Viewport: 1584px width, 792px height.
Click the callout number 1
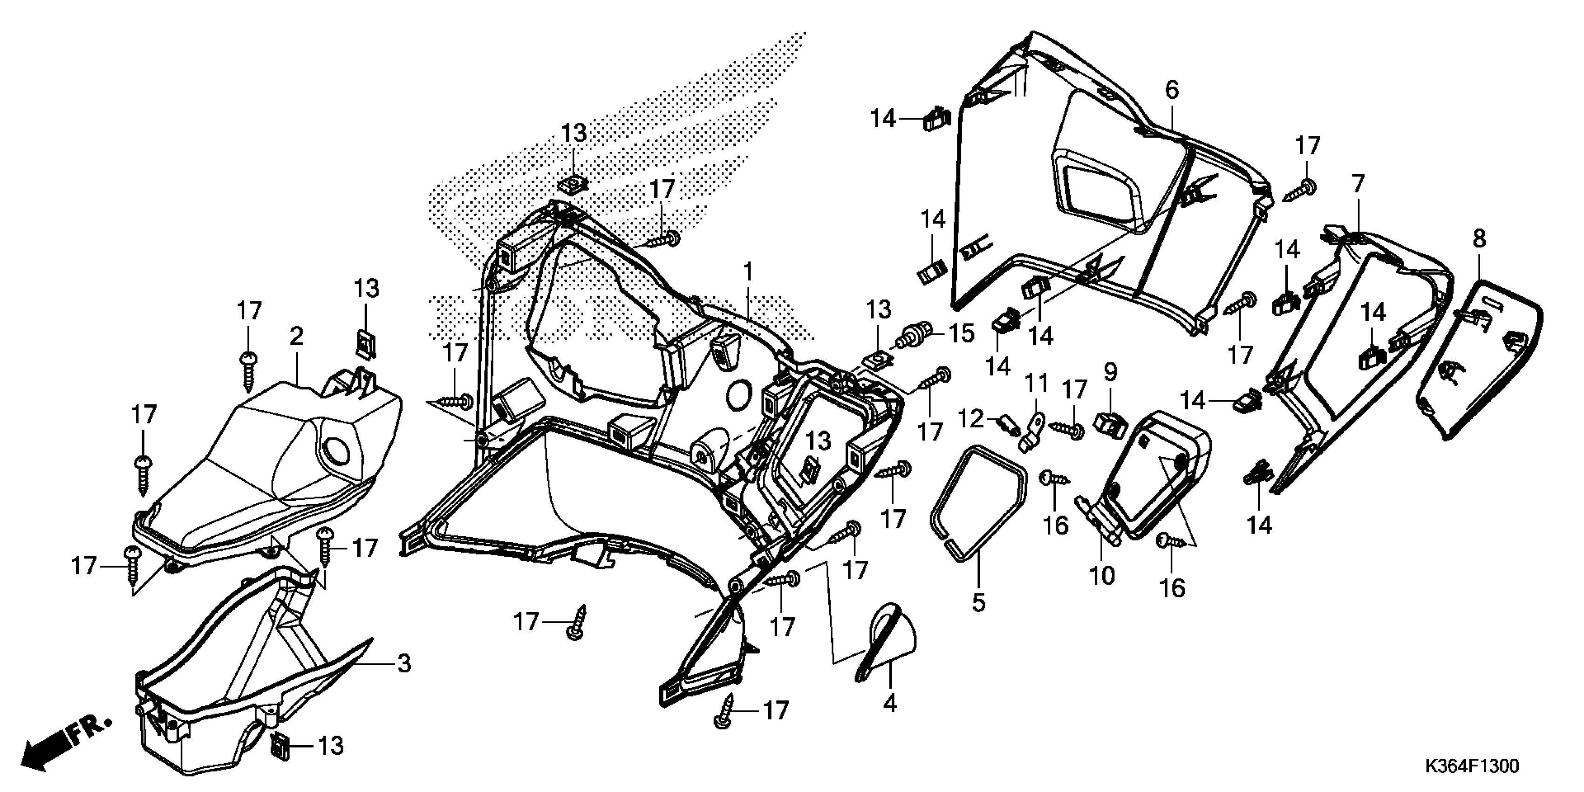[x=748, y=271]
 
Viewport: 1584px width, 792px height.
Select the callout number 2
[x=296, y=336]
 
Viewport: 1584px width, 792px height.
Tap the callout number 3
[x=403, y=663]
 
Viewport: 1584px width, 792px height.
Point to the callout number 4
[x=890, y=703]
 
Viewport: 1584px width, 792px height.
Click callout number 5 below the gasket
[x=978, y=602]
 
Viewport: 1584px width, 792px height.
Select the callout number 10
[x=1101, y=576]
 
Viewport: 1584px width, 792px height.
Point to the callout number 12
[x=971, y=419]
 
